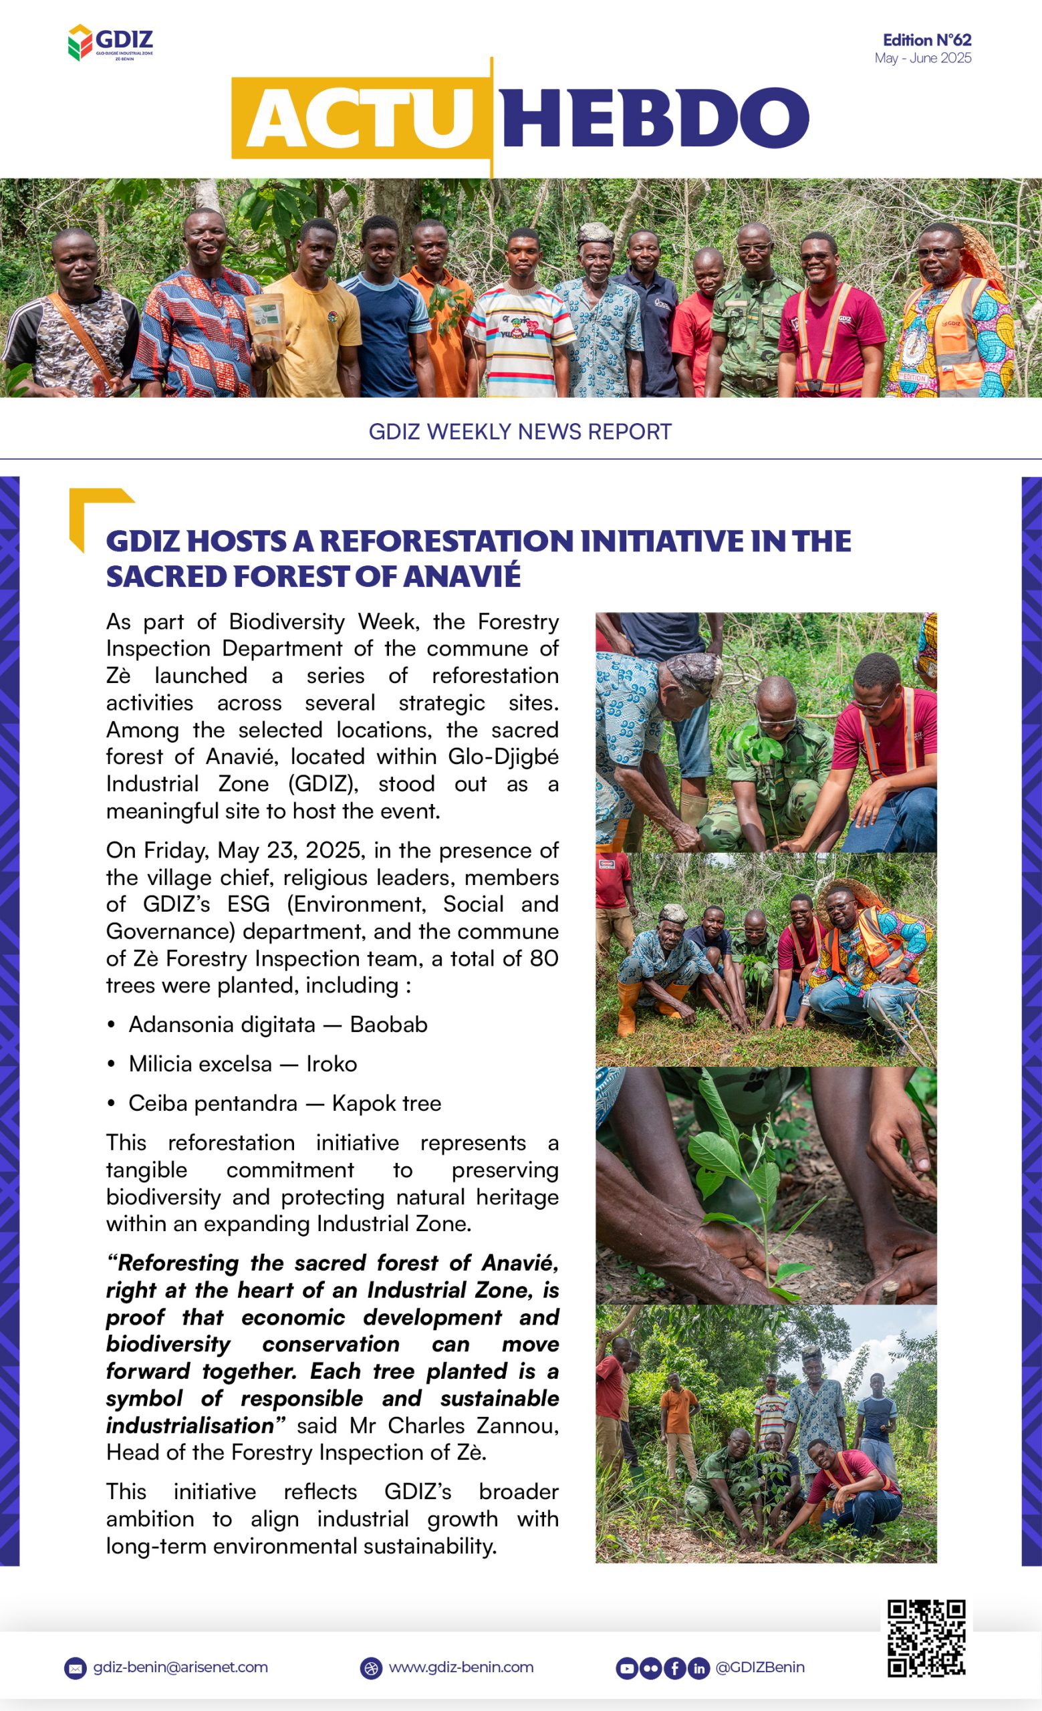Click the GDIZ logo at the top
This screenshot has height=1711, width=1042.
pos(110,43)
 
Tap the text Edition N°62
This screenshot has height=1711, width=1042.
pos(926,40)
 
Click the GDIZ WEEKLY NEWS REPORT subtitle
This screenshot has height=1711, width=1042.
pos(520,432)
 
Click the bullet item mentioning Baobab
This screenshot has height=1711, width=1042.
pos(277,1024)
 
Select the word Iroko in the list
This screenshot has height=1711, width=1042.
pos(331,1064)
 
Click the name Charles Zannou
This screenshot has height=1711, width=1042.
pos(473,1426)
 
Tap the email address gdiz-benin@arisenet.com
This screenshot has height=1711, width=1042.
pos(180,1668)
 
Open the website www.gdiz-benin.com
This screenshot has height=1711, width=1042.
pos(461,1668)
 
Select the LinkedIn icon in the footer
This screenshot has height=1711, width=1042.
pos(698,1668)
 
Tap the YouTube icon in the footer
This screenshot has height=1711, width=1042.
pos(626,1668)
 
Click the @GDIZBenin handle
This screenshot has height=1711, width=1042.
pos(759,1668)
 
